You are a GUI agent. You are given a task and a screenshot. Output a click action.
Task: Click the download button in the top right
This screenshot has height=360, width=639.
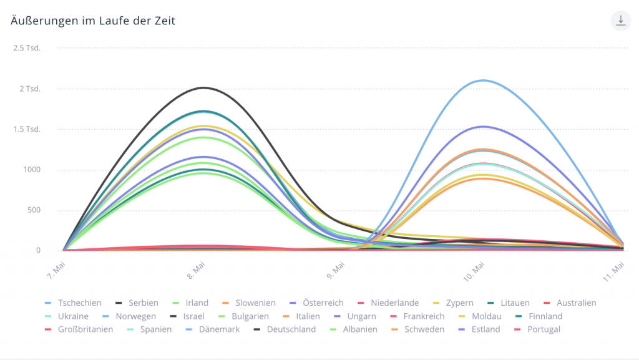[x=620, y=21]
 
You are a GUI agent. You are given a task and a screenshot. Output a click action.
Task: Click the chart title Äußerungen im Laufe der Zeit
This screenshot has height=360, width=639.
[x=93, y=21]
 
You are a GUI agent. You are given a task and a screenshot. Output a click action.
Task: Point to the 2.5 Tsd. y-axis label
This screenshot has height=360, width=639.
[x=27, y=48]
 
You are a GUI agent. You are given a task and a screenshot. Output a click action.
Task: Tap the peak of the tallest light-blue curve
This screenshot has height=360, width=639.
[x=482, y=80]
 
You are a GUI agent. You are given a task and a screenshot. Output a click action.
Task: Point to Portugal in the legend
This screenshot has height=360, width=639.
[x=544, y=329]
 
